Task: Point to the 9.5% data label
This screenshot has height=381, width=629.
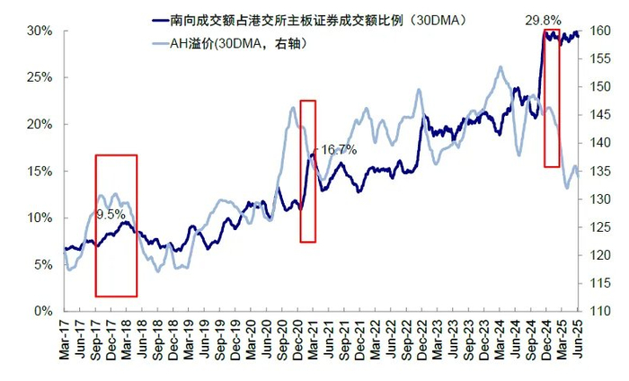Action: click(x=111, y=215)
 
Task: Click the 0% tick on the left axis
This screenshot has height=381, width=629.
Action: click(x=45, y=311)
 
